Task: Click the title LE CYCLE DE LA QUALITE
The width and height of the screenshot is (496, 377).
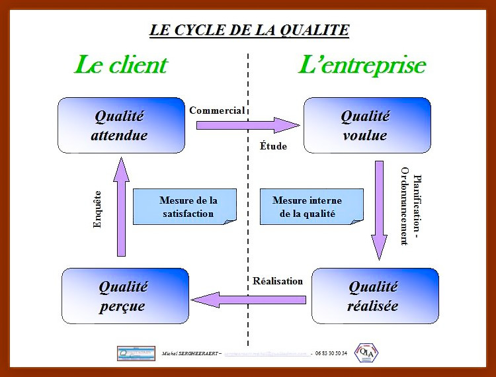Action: click(x=249, y=30)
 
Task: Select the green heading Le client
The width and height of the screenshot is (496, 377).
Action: click(x=120, y=65)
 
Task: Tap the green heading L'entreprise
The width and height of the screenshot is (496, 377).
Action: click(x=362, y=65)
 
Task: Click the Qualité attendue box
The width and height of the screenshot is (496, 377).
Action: click(x=121, y=126)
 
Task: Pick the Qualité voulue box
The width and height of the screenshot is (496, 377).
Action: click(x=367, y=126)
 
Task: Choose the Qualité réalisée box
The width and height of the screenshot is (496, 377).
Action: click(x=374, y=296)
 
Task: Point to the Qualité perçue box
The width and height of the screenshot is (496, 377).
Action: click(x=123, y=296)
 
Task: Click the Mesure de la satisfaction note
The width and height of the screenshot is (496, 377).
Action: click(x=185, y=206)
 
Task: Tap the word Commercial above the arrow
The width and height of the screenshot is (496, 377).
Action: click(x=217, y=110)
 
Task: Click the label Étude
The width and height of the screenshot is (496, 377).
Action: click(x=273, y=146)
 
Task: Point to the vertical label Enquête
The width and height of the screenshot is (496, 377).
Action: click(x=98, y=209)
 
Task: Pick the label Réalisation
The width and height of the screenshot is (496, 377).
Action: click(x=278, y=280)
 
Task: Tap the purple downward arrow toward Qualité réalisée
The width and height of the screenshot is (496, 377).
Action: click(x=379, y=209)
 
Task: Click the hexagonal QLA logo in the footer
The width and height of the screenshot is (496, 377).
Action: click(x=367, y=353)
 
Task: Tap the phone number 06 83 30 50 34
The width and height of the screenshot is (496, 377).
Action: click(x=331, y=353)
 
